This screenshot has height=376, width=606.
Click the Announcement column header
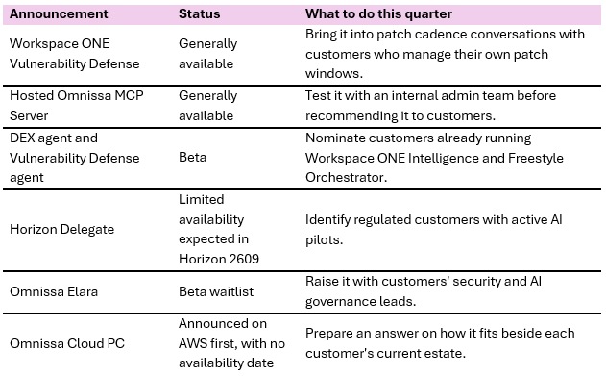pyautogui.click(x=59, y=13)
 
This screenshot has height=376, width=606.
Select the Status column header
pyautogui.click(x=199, y=13)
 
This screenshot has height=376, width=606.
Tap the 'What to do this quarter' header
pyautogui.click(x=378, y=13)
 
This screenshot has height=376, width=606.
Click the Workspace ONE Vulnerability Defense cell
pyautogui.click(x=75, y=54)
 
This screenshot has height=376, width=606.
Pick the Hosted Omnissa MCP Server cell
pyautogui.click(x=77, y=106)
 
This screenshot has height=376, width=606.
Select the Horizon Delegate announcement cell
pyautogui.click(x=61, y=230)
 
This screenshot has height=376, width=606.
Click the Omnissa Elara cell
pyautogui.click(x=54, y=291)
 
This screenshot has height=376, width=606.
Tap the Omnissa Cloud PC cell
pyautogui.click(x=67, y=343)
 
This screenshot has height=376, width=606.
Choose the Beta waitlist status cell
pyautogui.click(x=216, y=291)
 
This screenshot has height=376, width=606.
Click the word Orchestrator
pyautogui.click(x=346, y=178)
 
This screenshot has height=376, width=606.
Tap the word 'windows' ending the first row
pyautogui.click(x=334, y=73)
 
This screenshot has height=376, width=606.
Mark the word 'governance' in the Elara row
pyautogui.click(x=340, y=301)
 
